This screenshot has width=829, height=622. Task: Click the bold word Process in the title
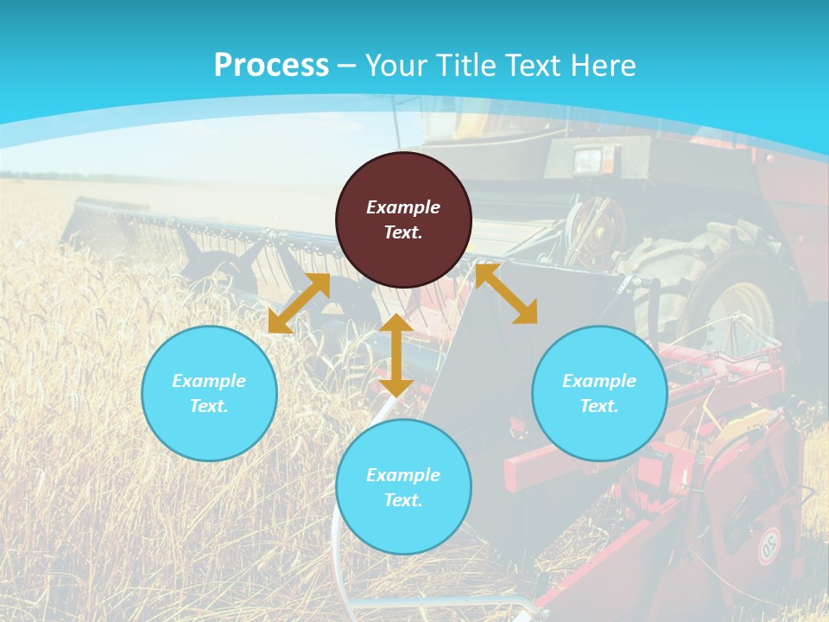[271, 66]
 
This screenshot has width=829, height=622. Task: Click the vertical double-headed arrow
[396, 355]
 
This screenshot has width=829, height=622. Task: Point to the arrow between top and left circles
[299, 303]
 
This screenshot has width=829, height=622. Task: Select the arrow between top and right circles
[506, 294]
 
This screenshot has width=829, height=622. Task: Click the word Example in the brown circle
[403, 207]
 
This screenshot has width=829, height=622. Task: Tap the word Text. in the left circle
[209, 406]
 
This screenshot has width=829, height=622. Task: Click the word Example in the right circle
[599, 381]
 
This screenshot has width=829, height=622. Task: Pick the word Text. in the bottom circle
[403, 500]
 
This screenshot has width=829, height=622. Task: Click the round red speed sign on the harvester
[769, 545]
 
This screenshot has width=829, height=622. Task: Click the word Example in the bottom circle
[403, 475]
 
